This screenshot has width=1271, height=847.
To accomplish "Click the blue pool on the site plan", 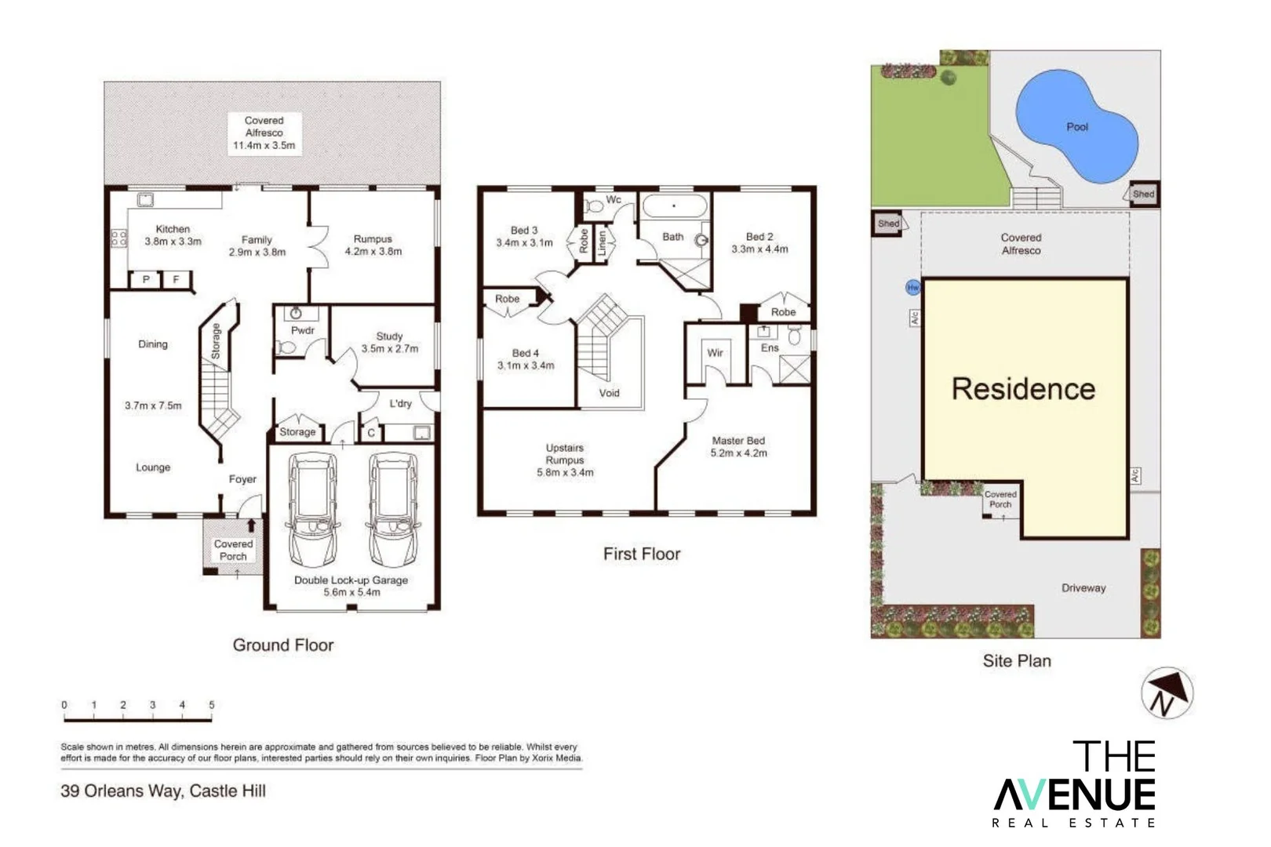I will coord(1076,125).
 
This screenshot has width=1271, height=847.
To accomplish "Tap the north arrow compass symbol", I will coord(1167,693).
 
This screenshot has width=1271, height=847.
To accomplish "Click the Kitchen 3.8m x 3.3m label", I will coord(173,235).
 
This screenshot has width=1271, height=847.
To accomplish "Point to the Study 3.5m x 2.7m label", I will coord(389,342).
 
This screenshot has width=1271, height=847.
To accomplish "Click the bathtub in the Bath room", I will coord(674,207).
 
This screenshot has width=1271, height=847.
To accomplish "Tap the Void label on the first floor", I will coord(609,393).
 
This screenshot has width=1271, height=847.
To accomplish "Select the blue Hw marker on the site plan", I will coord(912,288).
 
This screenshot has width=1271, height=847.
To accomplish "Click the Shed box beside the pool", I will coord(1143,194).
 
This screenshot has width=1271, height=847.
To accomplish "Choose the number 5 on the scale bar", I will coord(211,705).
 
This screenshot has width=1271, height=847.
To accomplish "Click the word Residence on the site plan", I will coord(1023,389).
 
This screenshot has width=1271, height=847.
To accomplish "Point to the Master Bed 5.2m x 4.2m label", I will coord(738,446).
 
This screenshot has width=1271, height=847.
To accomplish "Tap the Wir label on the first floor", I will coord(715,353).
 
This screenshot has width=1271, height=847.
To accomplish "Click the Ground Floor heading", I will coord(282,645).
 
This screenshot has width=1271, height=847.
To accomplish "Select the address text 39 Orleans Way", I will coord(163,791).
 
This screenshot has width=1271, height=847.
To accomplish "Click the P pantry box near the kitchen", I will coord(146,279).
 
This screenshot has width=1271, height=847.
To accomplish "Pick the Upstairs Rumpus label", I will coord(565,460).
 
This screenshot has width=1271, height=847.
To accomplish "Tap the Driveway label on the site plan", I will coord(1083,587).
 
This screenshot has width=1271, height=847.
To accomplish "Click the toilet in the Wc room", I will coord(595,207).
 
